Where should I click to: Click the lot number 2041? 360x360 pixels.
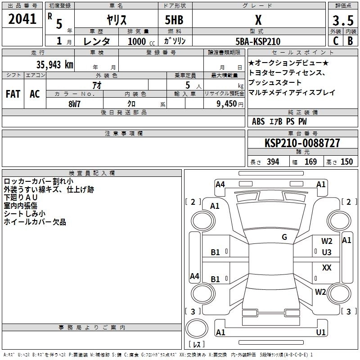(x=22, y=19)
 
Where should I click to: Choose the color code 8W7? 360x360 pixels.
(x=74, y=103)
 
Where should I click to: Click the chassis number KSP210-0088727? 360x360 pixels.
(x=302, y=143)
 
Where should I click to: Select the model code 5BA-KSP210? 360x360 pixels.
(x=258, y=41)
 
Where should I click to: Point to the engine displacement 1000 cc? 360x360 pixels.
(x=137, y=41)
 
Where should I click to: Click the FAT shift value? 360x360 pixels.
(x=13, y=94)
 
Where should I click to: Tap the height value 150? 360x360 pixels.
(x=346, y=162)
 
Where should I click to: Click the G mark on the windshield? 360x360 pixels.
(x=284, y=237)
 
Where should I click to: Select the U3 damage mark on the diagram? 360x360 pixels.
(x=327, y=252)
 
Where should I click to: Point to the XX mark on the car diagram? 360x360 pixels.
(x=327, y=268)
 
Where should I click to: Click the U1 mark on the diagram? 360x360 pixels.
(x=321, y=333)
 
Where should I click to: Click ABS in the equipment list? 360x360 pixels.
(x=258, y=121)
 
